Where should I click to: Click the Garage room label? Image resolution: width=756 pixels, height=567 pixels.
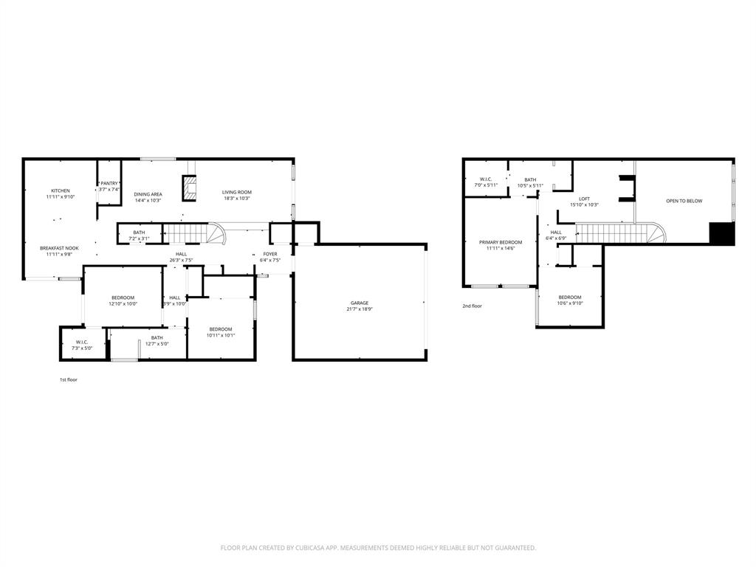pos(360,303)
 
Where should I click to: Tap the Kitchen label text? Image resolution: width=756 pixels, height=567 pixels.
pos(61,190)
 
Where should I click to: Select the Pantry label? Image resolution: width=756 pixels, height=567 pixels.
pos(109,183)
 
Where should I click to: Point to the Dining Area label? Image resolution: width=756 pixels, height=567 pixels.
pos(148,194)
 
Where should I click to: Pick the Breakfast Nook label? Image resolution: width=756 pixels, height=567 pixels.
pos(59,248)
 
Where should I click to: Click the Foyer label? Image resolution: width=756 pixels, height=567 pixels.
pos(270,254)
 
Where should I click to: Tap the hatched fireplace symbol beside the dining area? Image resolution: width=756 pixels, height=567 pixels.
pos(190,188)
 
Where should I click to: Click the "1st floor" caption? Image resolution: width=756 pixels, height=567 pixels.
pos(69,379)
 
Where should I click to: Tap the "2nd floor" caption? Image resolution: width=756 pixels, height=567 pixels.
pos(472,306)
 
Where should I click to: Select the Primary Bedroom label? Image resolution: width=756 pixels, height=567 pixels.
pos(501,242)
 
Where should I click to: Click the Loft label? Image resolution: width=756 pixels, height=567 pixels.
pos(584,199)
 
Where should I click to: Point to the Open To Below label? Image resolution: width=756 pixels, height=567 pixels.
pos(684,201)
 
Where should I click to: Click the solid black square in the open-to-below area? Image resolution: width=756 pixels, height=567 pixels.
pos(722,233)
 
